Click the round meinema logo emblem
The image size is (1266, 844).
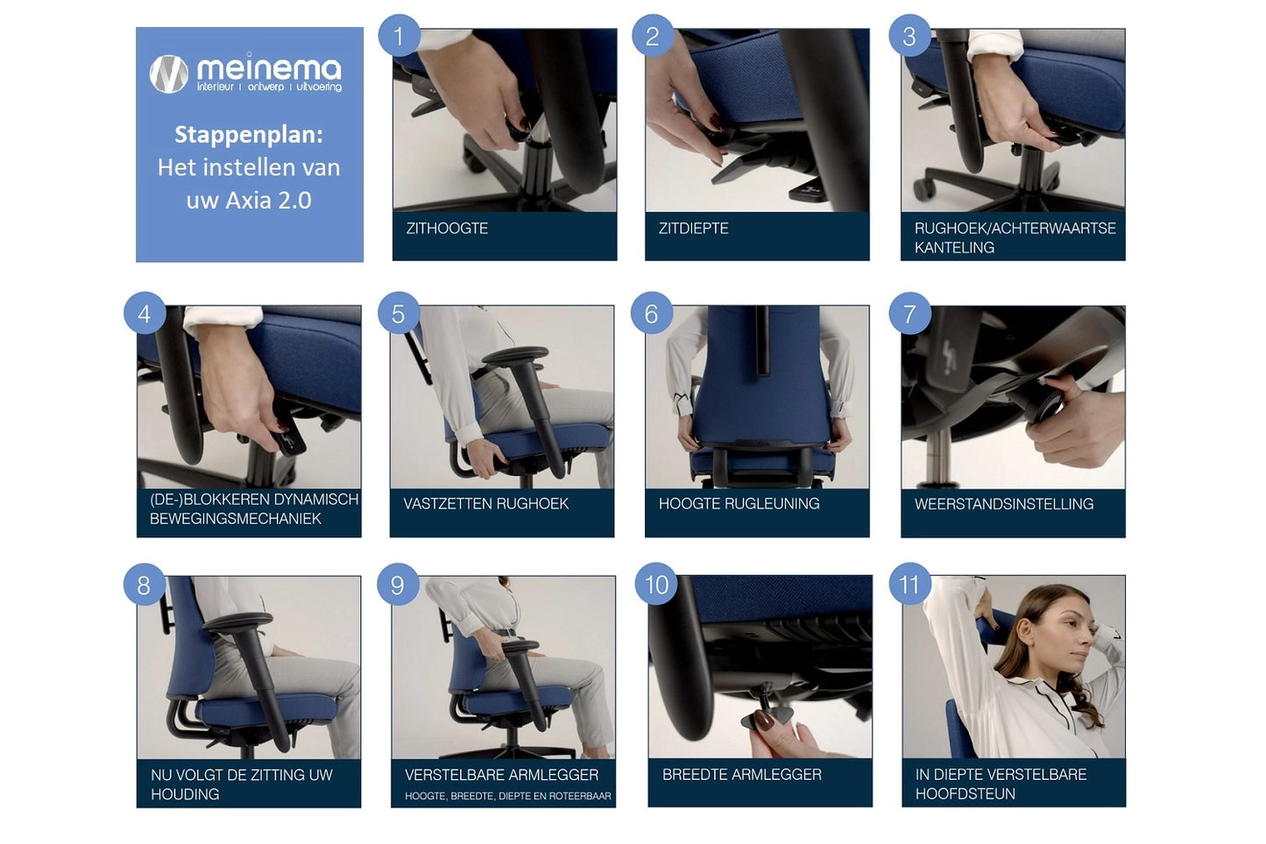click(x=169, y=74)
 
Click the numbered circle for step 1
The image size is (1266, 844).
click(x=399, y=36)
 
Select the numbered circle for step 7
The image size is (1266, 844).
click(x=909, y=313)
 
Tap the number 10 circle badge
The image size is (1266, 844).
click(x=656, y=584)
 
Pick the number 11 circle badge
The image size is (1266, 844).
click(x=909, y=584)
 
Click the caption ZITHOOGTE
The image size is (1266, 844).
click(x=447, y=229)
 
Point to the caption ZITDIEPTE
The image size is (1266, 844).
click(x=694, y=229)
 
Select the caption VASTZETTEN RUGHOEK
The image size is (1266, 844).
click(x=486, y=504)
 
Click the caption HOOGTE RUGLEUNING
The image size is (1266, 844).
click(x=739, y=504)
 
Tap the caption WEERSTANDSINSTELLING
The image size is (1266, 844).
click(x=1004, y=504)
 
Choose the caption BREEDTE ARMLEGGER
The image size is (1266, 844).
click(x=742, y=775)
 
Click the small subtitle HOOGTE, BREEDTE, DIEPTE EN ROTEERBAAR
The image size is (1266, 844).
click(x=507, y=796)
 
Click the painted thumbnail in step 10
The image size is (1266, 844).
click(x=764, y=720)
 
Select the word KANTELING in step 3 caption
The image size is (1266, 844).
click(x=954, y=248)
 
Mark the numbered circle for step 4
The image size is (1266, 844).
click(x=145, y=313)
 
